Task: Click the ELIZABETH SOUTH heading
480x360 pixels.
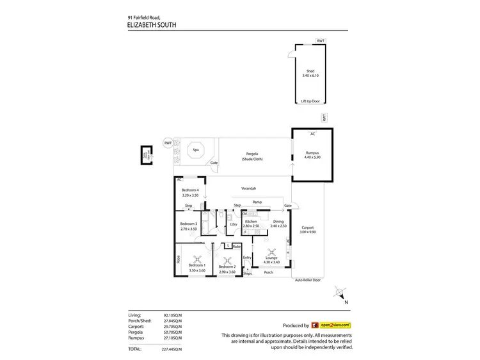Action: point(152,26)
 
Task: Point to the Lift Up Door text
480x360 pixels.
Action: point(310,101)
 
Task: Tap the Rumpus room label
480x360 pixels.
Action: point(312,154)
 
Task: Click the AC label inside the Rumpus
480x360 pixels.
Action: point(312,134)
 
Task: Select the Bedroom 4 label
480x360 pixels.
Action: point(191,192)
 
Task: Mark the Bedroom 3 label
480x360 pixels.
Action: point(188,225)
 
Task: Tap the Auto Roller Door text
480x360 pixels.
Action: point(308,281)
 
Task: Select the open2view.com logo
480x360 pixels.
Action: point(331,325)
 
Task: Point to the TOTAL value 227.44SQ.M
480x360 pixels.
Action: point(172,348)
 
